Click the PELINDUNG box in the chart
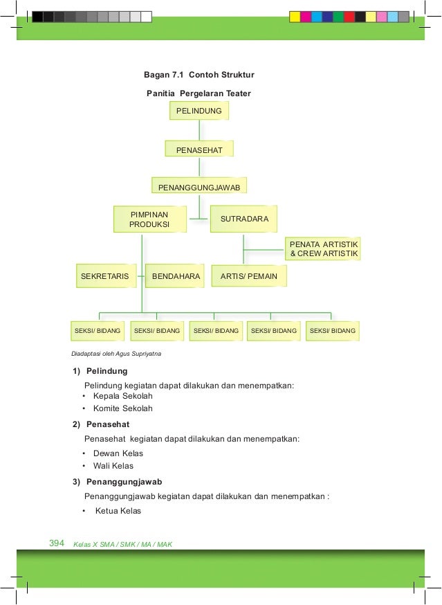pos(199,111)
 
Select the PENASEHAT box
pos(199,149)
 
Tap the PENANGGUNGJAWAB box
pos(199,187)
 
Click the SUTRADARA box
pos(243,219)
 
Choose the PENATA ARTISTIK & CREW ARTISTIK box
pos(324,249)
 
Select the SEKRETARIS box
pos(105,276)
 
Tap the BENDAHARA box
pos(176,276)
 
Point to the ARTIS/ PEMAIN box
pos(249,276)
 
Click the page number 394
pos(57,543)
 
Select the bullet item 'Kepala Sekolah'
pos(122,396)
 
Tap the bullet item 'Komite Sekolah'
pos(122,408)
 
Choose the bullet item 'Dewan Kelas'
pos(118,453)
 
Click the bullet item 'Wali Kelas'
pos(113,466)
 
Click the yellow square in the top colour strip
pos(295,17)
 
